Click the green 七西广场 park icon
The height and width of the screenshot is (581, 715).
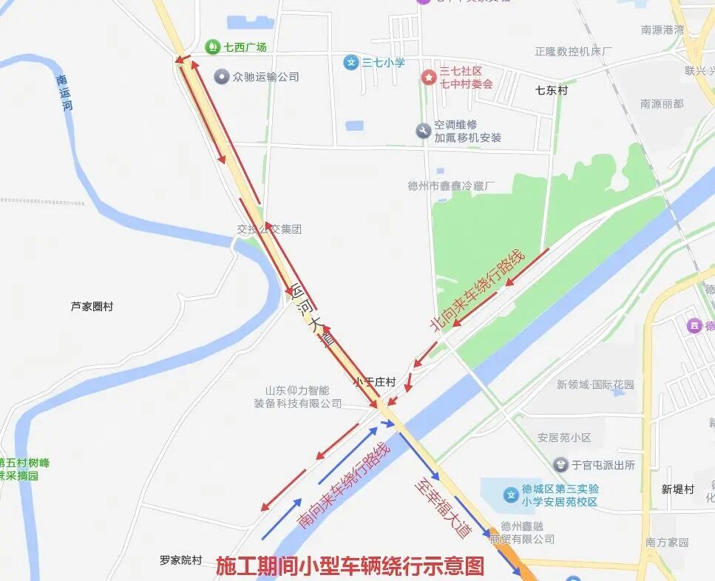[213, 47]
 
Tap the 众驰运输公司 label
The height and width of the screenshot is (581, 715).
[265, 76]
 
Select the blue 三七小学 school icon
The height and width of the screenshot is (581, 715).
[352, 63]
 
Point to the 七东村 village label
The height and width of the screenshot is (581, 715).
[551, 90]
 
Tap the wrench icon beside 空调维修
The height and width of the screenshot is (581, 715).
[423, 131]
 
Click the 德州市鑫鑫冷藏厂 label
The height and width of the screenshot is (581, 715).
[451, 186]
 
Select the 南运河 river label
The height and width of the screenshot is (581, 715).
[66, 93]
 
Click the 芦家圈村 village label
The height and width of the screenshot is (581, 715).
[92, 306]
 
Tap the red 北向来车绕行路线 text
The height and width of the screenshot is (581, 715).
[477, 290]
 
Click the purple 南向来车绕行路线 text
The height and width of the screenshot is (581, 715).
[343, 485]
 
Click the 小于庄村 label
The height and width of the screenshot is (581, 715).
[374, 381]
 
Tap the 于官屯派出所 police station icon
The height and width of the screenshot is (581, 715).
[561, 465]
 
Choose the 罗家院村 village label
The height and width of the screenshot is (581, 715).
[180, 560]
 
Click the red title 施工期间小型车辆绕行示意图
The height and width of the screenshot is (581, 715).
[350, 566]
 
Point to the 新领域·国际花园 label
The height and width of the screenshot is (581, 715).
[595, 384]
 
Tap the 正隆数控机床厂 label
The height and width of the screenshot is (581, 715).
[574, 51]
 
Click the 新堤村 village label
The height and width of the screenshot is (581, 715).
[678, 489]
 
